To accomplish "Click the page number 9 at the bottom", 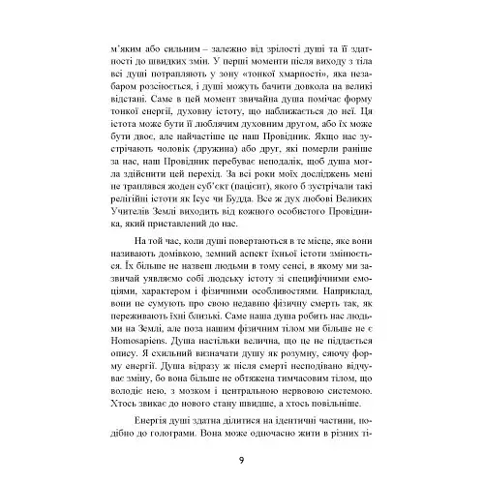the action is (241, 458).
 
